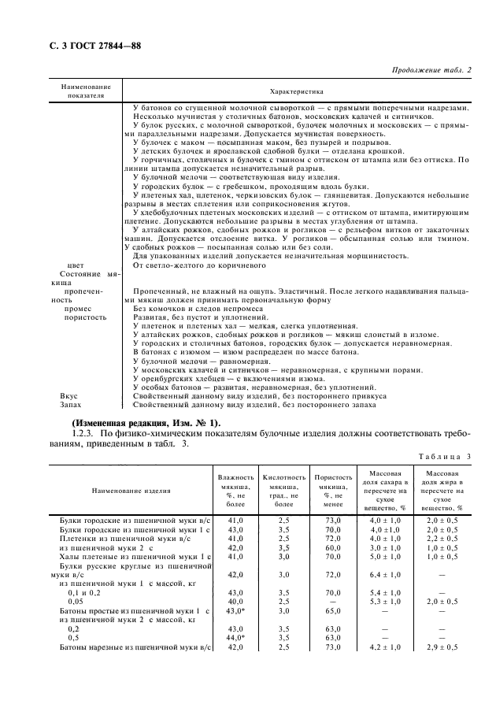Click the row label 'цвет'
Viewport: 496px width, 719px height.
click(76, 265)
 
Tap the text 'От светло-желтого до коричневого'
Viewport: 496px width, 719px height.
click(197, 265)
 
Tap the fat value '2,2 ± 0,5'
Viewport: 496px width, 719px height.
click(442, 538)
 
